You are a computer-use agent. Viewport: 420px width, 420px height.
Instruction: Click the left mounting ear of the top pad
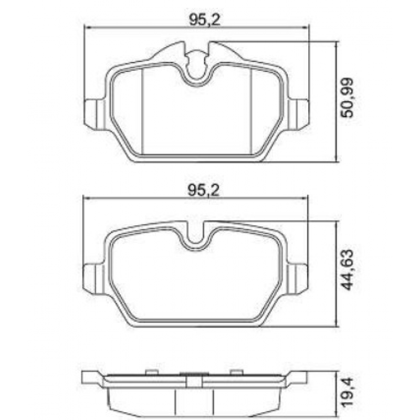pos(92,112)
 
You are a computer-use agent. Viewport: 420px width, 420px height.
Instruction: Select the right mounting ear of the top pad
pos(301,112)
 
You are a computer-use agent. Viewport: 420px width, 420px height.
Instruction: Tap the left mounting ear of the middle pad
pos(92,278)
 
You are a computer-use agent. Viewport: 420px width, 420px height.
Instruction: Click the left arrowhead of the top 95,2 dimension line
pos(87,28)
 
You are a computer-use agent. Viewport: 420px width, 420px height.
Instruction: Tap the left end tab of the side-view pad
pos(90,377)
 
